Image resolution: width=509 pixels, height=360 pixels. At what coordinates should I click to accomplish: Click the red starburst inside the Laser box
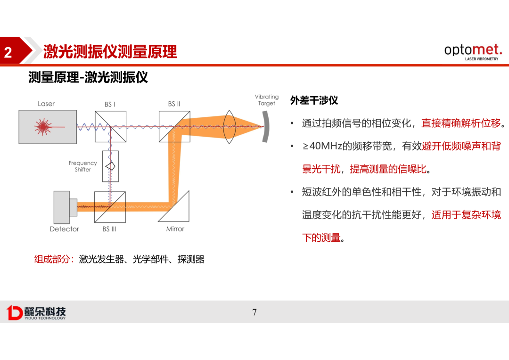point(43,127)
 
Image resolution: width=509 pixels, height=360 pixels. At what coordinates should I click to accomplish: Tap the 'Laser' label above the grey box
point(46,104)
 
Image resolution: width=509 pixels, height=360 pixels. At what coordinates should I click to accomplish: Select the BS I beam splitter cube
point(110,127)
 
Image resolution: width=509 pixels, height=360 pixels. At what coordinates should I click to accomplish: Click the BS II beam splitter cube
point(174,127)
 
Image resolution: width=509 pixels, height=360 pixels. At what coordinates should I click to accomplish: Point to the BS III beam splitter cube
point(110,207)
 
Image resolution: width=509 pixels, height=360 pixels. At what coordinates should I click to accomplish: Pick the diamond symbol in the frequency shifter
point(110,166)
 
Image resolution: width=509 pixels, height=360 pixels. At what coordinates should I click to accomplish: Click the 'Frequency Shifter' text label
point(83,166)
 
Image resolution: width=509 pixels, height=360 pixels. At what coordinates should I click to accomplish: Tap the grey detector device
point(65,207)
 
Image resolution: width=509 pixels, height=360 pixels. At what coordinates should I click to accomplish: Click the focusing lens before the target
point(229,127)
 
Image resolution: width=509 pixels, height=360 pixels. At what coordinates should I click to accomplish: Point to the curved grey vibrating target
point(266,127)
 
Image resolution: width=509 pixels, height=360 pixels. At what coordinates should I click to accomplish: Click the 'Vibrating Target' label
point(266,100)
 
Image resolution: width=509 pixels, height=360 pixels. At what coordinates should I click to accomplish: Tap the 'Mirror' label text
point(175,229)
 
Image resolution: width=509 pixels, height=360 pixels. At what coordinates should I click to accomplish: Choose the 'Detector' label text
point(64,229)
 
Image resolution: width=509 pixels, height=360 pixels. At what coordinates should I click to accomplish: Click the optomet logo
point(473,52)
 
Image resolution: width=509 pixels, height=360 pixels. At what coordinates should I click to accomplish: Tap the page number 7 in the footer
point(254,312)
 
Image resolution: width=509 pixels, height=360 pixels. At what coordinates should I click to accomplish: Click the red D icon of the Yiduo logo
point(15,312)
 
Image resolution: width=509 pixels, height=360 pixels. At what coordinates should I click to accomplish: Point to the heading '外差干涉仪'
point(314,100)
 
